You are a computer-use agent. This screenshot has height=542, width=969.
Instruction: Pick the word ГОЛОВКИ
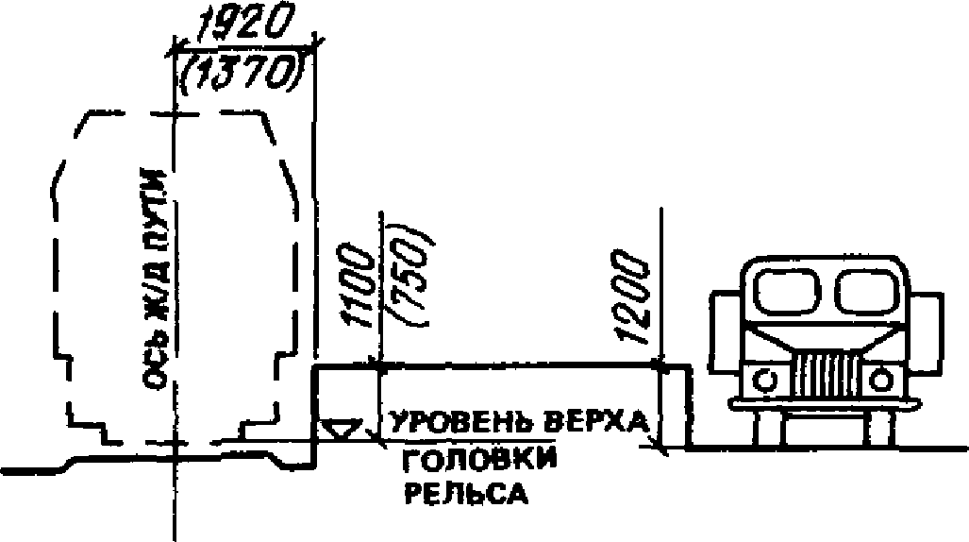[478, 463]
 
